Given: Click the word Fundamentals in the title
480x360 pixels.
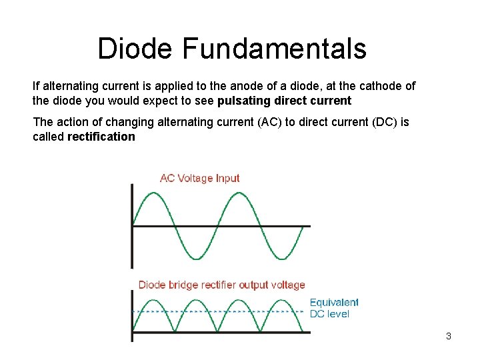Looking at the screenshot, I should tap(274, 49).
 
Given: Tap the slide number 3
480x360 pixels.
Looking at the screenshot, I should tap(449, 336).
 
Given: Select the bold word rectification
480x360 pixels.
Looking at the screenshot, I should tap(101, 137).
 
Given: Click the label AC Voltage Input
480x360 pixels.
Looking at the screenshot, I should tap(199, 178).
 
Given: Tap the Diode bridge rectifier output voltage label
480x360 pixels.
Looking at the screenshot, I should tap(221, 285).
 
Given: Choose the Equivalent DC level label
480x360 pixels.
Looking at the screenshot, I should tap(333, 308).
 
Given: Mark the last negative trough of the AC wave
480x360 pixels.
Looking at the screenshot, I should tap(283, 258).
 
